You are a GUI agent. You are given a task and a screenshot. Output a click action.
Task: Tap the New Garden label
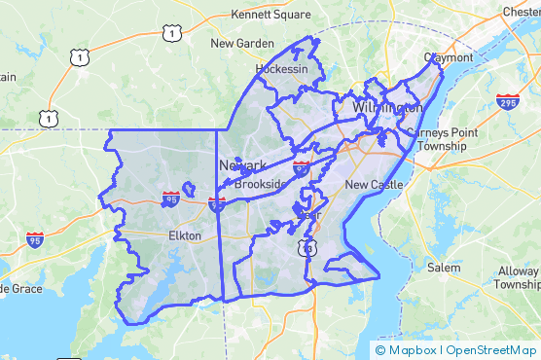coord(242,44)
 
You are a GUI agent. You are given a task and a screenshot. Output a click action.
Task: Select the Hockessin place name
coord(281,70)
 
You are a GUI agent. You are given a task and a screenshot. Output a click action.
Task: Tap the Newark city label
coord(243,165)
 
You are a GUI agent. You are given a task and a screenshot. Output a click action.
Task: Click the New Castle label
coord(373,184)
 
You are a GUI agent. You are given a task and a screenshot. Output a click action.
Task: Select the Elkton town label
coord(185,235)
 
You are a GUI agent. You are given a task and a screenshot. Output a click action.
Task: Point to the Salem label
coord(443,268)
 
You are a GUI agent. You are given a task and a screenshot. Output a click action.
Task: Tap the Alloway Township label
coord(516,278)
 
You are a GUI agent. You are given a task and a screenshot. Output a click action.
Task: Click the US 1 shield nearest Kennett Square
coord(171,35)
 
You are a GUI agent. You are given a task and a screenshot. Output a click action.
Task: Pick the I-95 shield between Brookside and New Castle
coord(302,169)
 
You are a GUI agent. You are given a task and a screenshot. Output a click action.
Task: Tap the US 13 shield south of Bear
coord(308,249)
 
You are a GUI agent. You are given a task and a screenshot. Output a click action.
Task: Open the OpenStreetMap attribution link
coord(491,350)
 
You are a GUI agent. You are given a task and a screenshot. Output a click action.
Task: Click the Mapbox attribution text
coord(410,350)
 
